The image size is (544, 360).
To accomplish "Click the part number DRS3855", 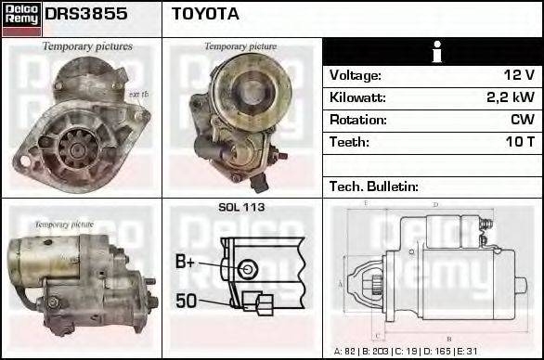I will point(86,14).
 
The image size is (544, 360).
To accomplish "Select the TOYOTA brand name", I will point(205,14).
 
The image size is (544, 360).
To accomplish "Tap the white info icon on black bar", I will point(432,51).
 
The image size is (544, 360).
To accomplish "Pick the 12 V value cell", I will point(518,75).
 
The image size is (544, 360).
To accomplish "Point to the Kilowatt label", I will point(357,97).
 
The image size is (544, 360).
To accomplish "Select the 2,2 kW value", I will point(511,97).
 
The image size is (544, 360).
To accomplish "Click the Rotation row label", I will point(356,120).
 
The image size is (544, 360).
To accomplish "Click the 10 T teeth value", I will point(520,142).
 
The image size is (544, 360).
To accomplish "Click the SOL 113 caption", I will point(241,207).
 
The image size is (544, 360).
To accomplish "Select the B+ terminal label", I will point(185,264).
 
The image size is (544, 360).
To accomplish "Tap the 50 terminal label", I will point(186,300).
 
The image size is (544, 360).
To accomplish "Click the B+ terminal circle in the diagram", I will point(246,269).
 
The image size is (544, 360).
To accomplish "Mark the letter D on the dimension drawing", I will point(435,205).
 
